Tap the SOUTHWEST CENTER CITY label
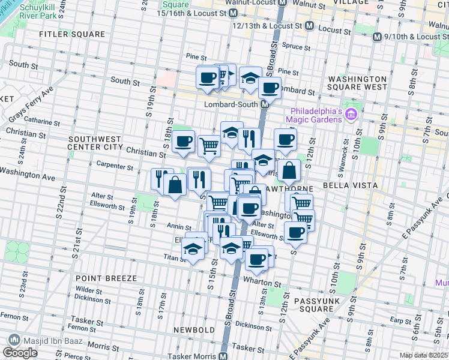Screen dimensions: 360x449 pyautogui.click(x=95, y=142)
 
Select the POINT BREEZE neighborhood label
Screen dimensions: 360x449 pyautogui.click(x=106, y=278)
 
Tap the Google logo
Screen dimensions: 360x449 pyautogui.click(x=20, y=353)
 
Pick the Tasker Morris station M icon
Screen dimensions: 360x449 pyautogui.click(x=223, y=356)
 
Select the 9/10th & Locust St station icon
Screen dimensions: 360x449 pyautogui.click(x=377, y=37)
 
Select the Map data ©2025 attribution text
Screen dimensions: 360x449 pyautogui.click(x=423, y=355)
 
